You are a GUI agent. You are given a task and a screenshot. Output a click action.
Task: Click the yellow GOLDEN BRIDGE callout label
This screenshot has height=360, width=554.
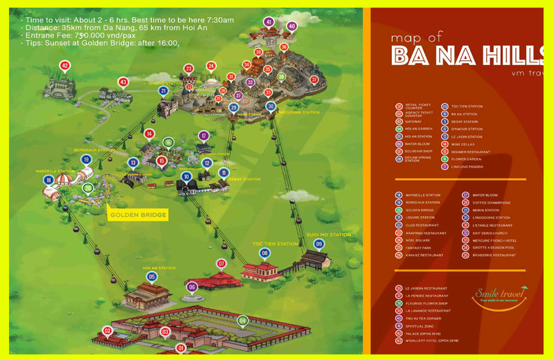pos(138,215)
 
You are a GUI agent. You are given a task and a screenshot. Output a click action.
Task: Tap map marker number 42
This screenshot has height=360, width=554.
pos(64,66)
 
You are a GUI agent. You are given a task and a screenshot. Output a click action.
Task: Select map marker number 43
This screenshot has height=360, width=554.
pos(123,82)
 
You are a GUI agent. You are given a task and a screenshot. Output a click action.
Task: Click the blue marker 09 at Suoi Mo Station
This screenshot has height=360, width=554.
pos(319,244)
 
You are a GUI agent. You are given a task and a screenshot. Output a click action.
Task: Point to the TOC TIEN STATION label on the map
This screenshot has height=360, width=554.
pos(269,244)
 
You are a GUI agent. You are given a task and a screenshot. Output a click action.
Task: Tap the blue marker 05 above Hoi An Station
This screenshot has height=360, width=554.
pos(152,277)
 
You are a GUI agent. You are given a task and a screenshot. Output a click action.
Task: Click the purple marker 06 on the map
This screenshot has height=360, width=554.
pos(192,287)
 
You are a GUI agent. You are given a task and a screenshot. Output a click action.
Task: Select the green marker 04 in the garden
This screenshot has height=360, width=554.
pos(242,321)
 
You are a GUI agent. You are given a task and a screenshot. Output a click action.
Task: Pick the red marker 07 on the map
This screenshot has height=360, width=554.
pos(222,264)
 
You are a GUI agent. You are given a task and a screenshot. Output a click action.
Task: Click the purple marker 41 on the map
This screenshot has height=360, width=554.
pos(269,22)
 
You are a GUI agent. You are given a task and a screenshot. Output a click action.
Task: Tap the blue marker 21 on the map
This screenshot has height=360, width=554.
pos(163,91)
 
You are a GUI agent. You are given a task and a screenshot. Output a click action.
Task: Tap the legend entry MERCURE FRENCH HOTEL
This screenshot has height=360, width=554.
pos(490,240)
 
